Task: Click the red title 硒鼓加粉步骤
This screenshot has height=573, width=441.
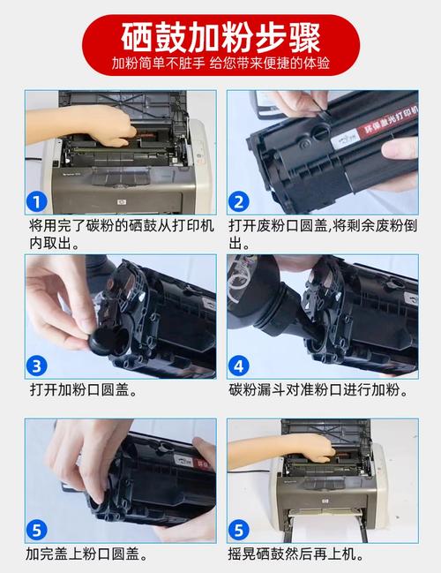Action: (x=220, y=36)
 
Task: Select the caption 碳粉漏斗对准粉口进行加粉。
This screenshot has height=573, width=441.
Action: (x=321, y=388)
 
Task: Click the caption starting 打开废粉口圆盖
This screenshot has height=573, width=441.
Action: (x=321, y=233)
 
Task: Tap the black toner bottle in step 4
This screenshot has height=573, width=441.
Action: (x=265, y=296)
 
